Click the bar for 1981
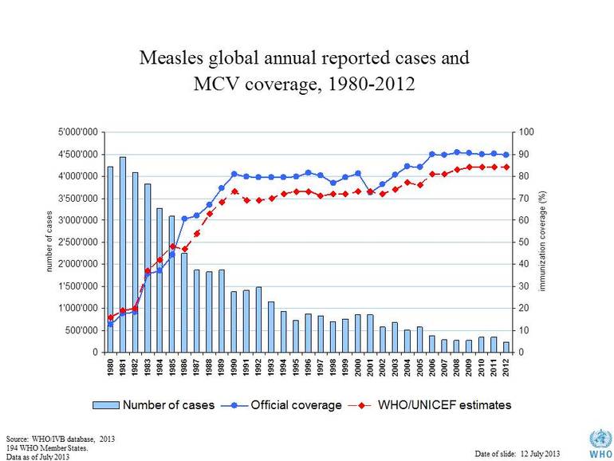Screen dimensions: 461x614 coord(122,254)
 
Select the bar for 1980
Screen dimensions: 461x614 coord(110,259)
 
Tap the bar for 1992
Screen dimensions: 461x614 coord(258,319)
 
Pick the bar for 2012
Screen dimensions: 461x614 coord(506,347)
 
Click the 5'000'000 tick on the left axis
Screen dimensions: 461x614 coord(76,132)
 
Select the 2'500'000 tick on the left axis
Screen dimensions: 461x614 coord(76,242)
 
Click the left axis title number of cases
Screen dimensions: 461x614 coord(49,242)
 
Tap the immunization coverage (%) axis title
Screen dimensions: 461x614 coord(542,241)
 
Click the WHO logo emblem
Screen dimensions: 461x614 coord(597,441)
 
